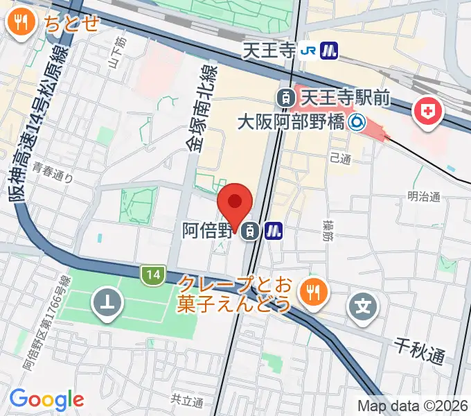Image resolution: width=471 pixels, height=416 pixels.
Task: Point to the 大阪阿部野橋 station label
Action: (291, 123)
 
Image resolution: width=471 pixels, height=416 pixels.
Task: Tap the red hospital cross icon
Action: (427, 112)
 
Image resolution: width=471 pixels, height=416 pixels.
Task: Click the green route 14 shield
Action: (152, 275)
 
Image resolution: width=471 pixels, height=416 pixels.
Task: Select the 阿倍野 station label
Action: (206, 231)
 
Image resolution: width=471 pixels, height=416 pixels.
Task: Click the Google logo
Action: (46, 399)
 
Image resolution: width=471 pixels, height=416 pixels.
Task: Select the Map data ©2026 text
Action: (413, 405)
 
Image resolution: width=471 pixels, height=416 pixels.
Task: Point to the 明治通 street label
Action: (423, 196)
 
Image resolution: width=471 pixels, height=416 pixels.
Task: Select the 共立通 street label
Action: (186, 401)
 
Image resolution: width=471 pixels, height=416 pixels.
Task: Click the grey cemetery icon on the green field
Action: (109, 303)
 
